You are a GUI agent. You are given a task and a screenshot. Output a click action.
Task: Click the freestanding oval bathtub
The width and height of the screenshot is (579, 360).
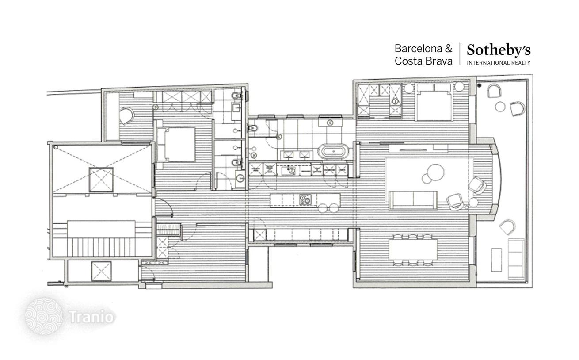[333, 151]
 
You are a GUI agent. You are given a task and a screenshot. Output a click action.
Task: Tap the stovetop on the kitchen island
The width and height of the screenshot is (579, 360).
[305, 200]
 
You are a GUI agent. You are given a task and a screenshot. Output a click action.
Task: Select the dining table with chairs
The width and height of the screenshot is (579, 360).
[413, 250]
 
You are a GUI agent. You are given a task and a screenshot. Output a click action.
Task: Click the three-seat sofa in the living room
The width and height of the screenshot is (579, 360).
[413, 200]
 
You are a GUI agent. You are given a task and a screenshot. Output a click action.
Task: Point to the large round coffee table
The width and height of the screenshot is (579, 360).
[435, 172]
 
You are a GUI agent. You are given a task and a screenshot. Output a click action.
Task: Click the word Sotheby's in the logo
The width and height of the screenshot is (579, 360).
[499, 50]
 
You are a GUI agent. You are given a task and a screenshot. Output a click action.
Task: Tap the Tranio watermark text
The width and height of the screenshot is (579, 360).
[91, 317]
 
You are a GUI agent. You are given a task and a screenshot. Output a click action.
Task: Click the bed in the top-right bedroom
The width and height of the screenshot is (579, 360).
[434, 102]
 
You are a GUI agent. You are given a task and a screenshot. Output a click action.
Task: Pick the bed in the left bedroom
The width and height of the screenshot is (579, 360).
[176, 144]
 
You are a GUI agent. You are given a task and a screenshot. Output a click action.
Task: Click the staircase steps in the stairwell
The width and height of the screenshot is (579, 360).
[101, 247]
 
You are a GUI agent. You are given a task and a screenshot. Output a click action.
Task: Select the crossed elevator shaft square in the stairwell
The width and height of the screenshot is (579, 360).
[101, 180]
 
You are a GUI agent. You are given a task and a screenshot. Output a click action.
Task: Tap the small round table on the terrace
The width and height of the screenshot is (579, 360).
[500, 107]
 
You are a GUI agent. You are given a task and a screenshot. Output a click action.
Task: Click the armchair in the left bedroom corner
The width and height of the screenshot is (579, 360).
[126, 116]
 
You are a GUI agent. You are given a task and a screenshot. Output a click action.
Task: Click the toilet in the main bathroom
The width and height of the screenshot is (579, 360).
[253, 128]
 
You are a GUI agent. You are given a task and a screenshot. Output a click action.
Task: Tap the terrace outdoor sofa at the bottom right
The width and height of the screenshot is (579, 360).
[516, 259]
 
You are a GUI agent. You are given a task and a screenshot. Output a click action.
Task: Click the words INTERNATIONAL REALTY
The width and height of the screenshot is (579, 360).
[499, 63]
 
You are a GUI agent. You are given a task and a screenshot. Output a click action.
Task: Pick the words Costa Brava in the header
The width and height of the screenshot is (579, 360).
[424, 61]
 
